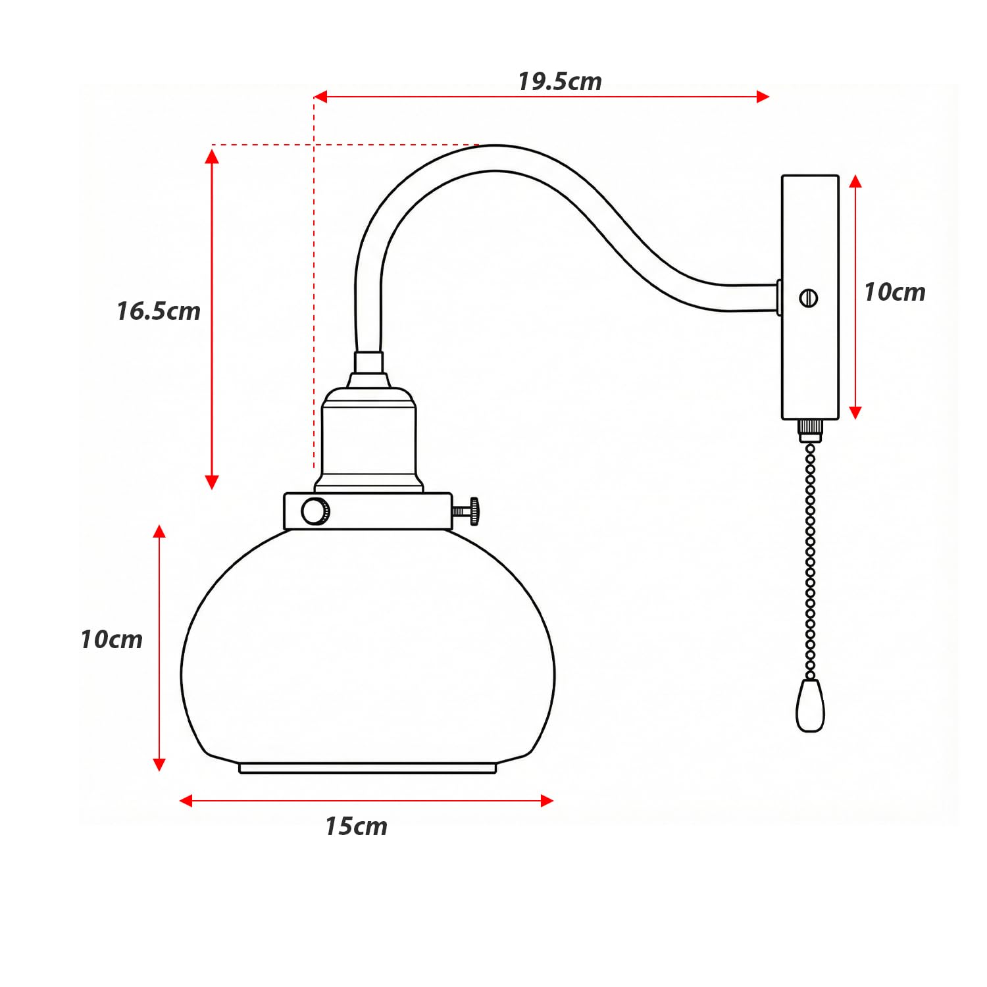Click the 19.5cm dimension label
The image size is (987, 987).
click(x=559, y=82)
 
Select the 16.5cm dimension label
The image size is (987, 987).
click(x=159, y=311)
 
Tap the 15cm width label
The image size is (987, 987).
click(x=356, y=826)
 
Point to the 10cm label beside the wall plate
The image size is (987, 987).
click(x=894, y=292)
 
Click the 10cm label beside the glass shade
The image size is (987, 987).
click(x=111, y=640)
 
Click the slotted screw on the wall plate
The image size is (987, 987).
click(x=809, y=298)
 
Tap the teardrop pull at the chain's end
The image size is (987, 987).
click(x=810, y=706)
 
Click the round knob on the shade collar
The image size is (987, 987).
click(x=315, y=511)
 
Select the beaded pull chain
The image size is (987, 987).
click(x=810, y=559)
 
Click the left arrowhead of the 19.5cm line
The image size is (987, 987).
click(x=320, y=97)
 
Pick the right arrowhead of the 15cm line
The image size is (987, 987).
click(x=547, y=801)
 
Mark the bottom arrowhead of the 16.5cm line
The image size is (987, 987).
click(x=212, y=483)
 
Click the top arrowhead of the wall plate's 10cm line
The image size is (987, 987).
click(x=855, y=181)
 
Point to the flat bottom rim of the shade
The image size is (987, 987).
click(x=367, y=768)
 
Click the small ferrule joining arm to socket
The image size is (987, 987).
click(x=368, y=363)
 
